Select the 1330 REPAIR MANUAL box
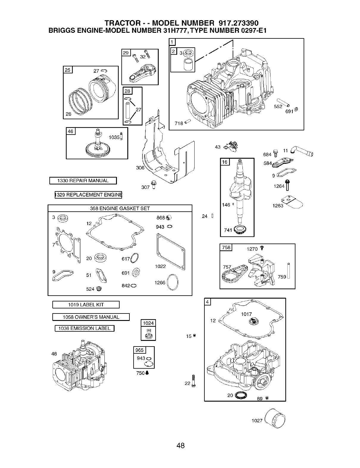(x=83, y=180)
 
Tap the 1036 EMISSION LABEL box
(x=84, y=328)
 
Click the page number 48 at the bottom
(x=180, y=445)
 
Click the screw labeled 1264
(x=287, y=185)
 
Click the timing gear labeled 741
(x=240, y=230)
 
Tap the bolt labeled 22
(x=193, y=381)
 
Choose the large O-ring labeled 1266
(x=173, y=282)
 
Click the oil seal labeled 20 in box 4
(x=241, y=395)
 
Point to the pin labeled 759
(x=289, y=271)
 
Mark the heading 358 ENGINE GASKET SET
(x=120, y=208)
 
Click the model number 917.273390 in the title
(x=238, y=23)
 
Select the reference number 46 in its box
(x=71, y=131)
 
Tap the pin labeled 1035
(x=121, y=136)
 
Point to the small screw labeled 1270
(x=262, y=248)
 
